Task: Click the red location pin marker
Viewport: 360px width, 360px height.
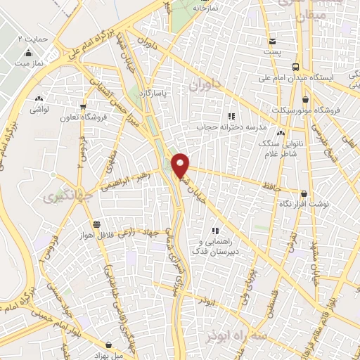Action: click(181, 165)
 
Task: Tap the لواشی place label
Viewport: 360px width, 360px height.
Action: click(39, 110)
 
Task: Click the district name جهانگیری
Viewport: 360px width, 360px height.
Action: click(58, 195)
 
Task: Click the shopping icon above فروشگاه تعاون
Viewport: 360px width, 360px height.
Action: click(84, 108)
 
